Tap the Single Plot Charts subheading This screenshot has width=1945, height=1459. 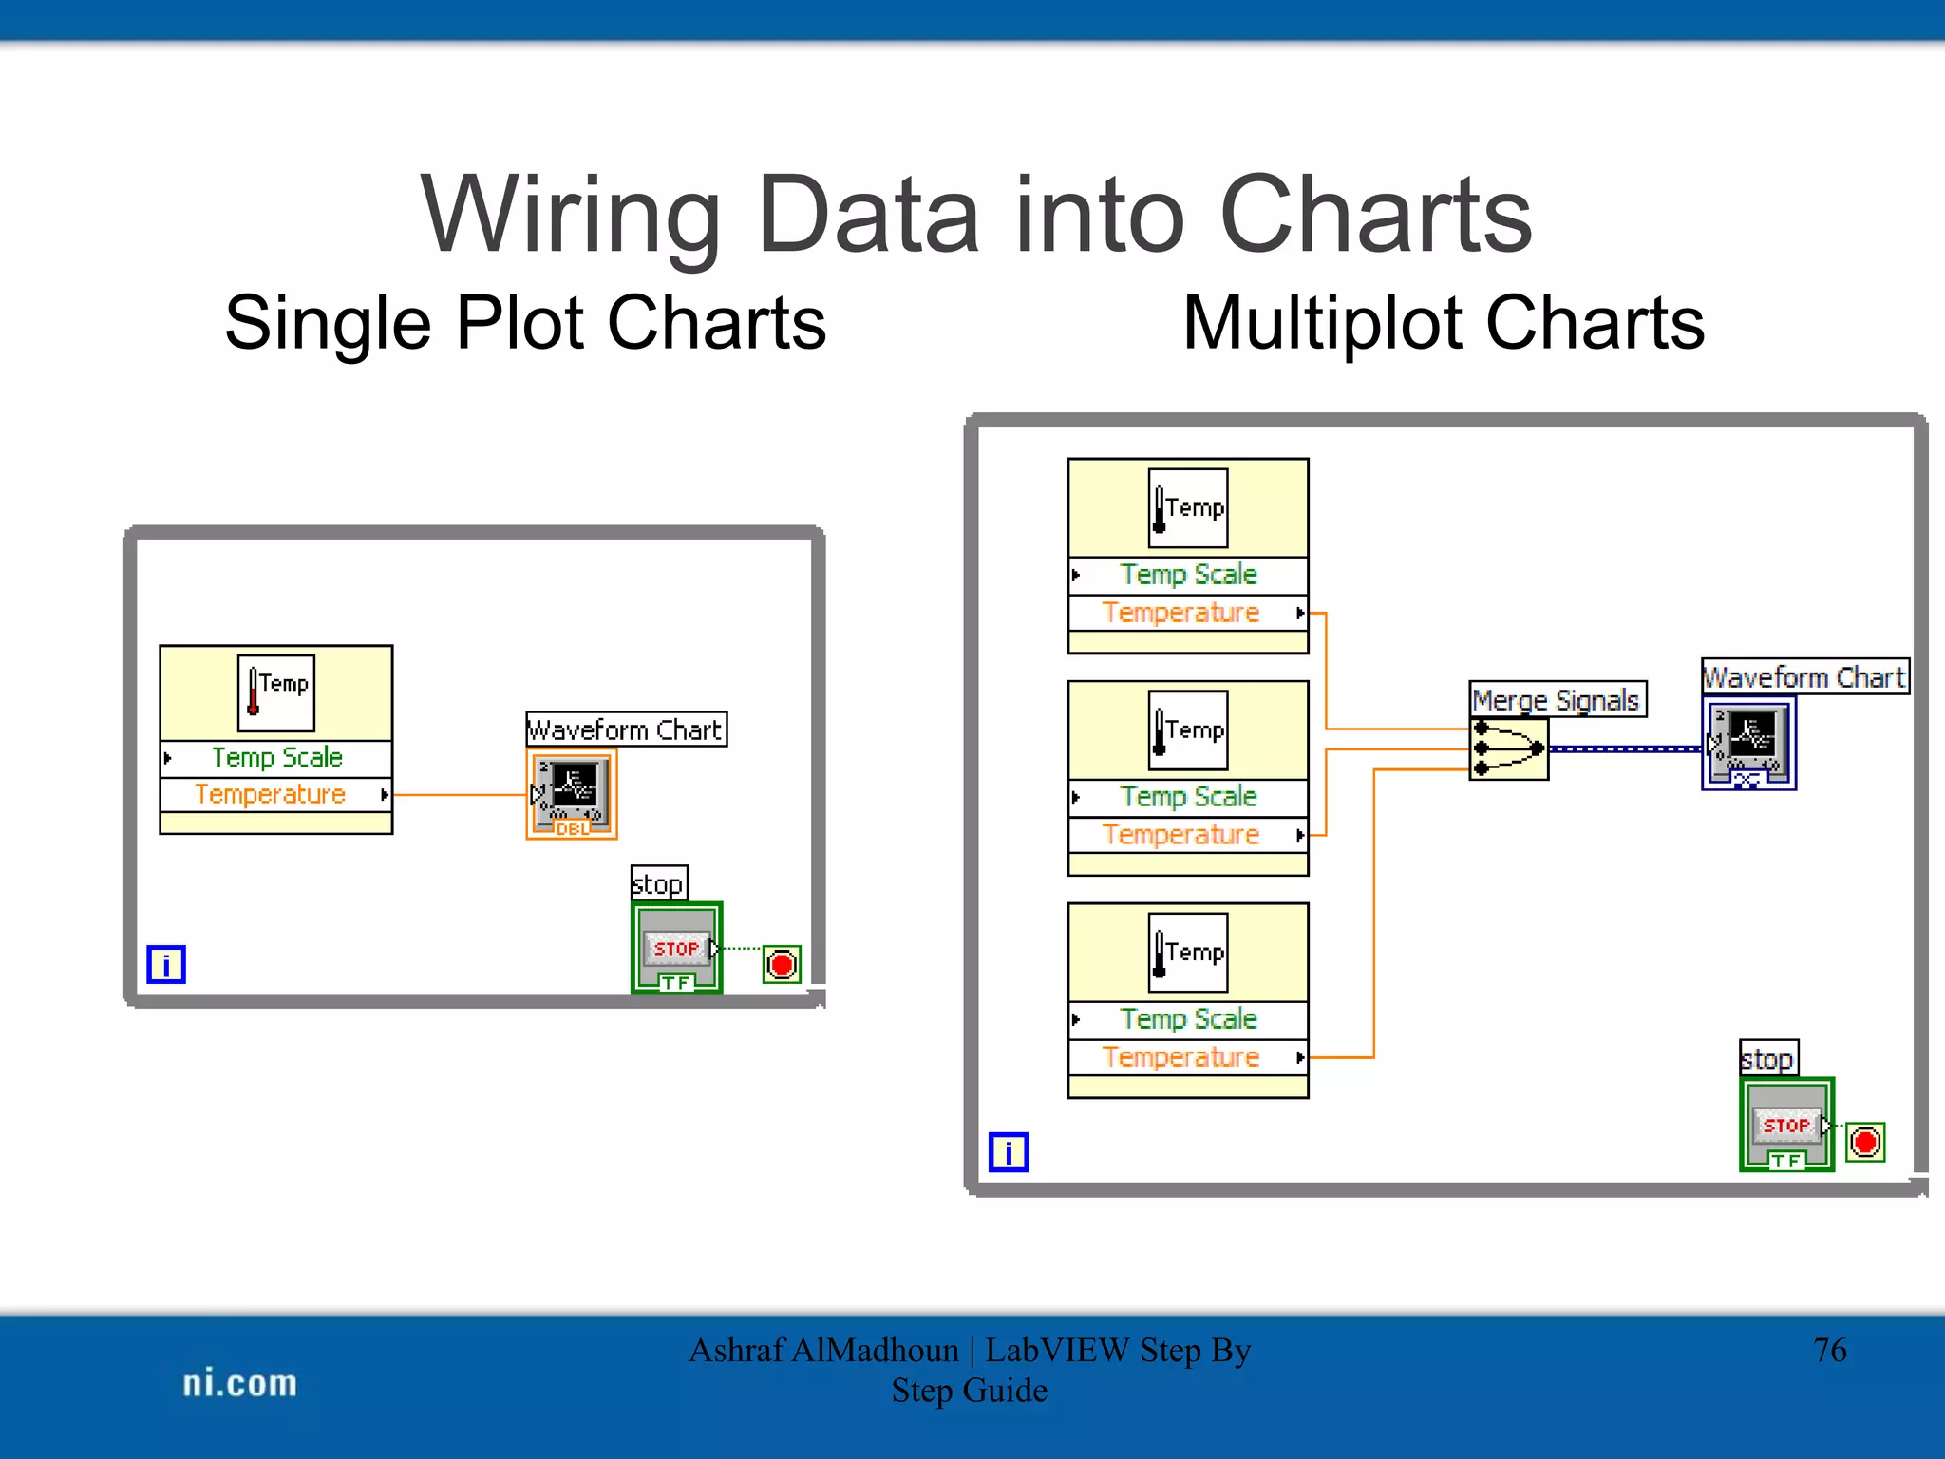(x=525, y=323)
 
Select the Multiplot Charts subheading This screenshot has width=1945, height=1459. (x=1443, y=323)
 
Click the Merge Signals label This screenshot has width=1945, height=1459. (x=1556, y=700)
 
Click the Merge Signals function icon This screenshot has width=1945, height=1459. (x=1508, y=748)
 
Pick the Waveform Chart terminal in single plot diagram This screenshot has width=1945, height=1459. (x=572, y=792)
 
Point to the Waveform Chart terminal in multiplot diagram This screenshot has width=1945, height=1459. (x=1748, y=742)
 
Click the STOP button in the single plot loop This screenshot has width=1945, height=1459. (x=676, y=947)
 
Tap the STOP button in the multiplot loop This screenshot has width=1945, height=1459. (x=1785, y=1125)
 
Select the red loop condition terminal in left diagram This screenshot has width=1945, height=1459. (x=782, y=965)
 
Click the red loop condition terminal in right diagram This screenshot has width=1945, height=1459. (x=1864, y=1142)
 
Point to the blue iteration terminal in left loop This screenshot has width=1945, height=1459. (x=166, y=965)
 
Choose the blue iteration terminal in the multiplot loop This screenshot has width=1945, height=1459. (x=1008, y=1152)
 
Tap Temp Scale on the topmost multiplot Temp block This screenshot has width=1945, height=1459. (x=1187, y=575)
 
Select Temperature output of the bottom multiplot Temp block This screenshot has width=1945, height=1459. (x=1181, y=1057)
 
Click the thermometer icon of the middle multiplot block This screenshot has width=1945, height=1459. (x=1187, y=729)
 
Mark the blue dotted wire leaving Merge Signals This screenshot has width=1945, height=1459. (x=1624, y=749)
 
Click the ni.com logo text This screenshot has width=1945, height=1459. (x=239, y=1383)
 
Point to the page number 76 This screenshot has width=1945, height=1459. (x=1829, y=1350)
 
